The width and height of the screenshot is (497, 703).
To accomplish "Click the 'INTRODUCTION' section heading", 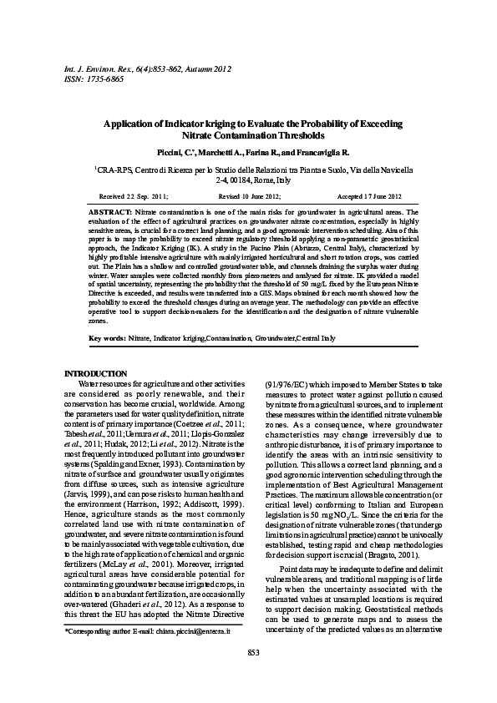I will point(96,373).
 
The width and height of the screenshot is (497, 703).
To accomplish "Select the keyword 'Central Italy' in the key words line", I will point(317,339).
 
